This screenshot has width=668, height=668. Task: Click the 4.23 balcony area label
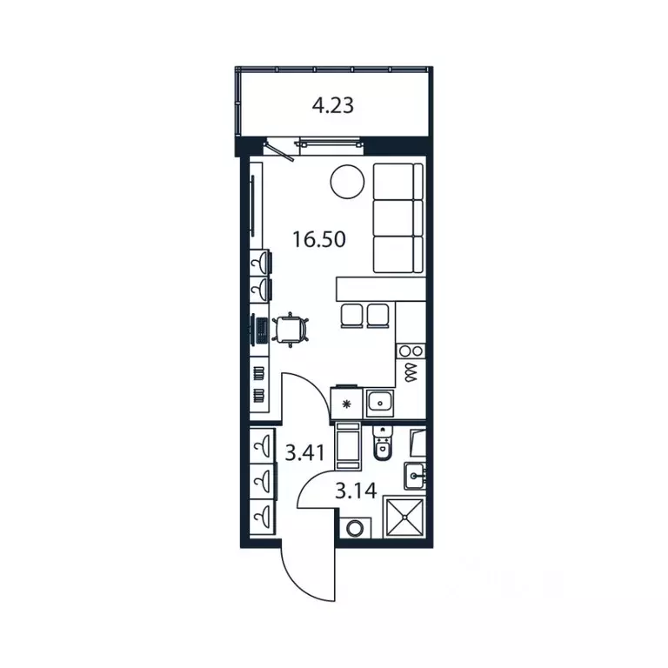[x=333, y=105]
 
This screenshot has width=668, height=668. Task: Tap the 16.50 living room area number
[x=318, y=239]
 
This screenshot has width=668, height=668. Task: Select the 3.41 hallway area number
[x=304, y=453]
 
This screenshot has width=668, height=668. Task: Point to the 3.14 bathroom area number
[x=356, y=491]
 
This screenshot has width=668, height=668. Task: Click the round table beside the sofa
[x=347, y=182]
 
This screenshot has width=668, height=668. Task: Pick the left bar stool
[x=352, y=316]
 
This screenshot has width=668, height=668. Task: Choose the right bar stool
[x=377, y=316]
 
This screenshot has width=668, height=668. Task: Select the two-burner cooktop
[x=411, y=351]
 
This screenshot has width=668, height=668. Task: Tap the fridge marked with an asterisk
[x=346, y=403]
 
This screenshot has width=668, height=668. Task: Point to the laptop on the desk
[x=260, y=331]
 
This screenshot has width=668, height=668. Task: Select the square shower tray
[x=404, y=518]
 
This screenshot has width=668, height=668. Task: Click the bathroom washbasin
[x=414, y=476]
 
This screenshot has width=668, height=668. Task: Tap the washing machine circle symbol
[x=354, y=529]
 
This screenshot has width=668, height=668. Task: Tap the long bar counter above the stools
[x=381, y=290]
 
